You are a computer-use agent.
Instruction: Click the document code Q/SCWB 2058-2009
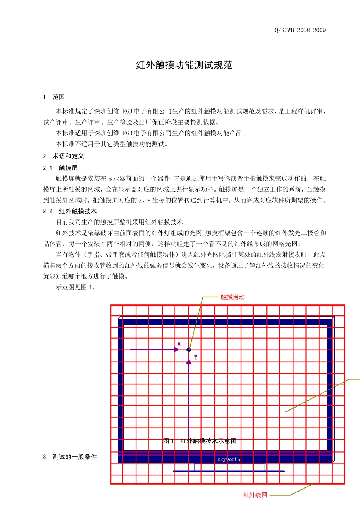[300, 30]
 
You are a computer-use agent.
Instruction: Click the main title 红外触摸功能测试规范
[184, 65]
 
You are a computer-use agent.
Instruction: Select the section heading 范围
[58, 97]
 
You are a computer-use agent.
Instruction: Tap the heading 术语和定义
[68, 156]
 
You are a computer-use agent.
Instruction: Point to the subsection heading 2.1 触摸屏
[60, 168]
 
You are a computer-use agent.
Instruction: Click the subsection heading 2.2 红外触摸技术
[70, 211]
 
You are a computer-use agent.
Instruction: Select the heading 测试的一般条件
[75, 457]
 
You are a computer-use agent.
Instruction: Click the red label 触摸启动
[233, 297]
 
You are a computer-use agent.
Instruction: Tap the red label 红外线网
[255, 495]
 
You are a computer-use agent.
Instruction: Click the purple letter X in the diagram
[179, 344]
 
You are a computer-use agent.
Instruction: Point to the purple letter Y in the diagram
[196, 357]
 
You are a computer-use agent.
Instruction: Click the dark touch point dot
[189, 350]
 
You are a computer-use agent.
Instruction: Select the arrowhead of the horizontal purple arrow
[176, 350]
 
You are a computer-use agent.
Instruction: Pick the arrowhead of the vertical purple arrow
[189, 362]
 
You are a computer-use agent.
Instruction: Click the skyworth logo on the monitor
[229, 459]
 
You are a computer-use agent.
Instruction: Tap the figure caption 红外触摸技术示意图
[208, 441]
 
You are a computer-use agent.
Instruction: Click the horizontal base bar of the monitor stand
[229, 472]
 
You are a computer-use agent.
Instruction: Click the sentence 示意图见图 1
[76, 287]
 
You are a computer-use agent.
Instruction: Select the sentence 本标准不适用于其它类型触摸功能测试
[112, 144]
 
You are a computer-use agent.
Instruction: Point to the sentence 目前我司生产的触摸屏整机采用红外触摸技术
[121, 222]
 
